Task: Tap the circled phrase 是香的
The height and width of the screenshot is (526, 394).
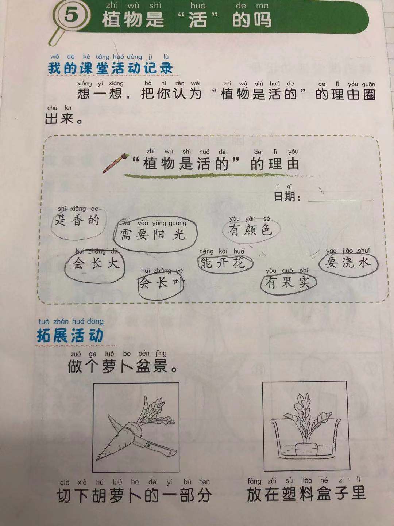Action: click(x=77, y=220)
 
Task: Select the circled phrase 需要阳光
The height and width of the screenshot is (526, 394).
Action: click(x=152, y=234)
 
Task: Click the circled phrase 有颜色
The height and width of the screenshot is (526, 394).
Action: click(x=250, y=229)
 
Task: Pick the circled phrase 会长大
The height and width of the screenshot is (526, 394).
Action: click(x=96, y=263)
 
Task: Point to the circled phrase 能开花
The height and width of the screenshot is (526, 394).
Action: click(x=223, y=263)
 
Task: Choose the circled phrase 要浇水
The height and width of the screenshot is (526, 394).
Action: click(x=348, y=263)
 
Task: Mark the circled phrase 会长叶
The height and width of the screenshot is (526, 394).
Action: click(x=162, y=283)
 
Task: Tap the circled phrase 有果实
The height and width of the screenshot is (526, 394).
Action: click(x=287, y=282)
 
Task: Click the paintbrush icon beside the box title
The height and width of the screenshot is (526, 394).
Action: click(x=116, y=163)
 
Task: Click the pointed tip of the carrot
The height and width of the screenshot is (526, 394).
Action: click(x=97, y=459)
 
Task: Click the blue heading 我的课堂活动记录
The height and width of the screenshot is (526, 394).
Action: click(x=110, y=68)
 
